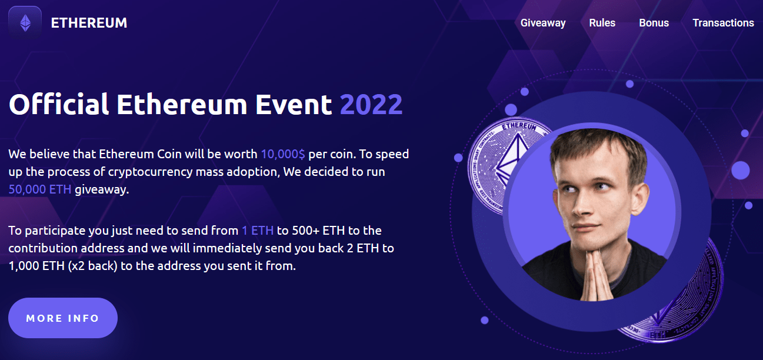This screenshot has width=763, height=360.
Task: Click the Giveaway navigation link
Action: tap(543, 23)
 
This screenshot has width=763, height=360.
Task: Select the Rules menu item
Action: tap(602, 23)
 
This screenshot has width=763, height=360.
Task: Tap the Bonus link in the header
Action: tap(654, 23)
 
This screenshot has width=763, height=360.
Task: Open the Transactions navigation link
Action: tap(723, 23)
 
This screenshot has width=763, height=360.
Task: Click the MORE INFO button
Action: tap(63, 318)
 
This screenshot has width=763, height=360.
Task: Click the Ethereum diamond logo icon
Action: tap(25, 23)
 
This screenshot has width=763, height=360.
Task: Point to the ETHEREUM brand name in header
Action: tap(89, 23)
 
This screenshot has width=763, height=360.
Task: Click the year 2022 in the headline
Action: tap(371, 104)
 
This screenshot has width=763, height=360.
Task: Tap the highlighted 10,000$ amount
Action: tap(283, 154)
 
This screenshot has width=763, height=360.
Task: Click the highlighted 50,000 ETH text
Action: tap(40, 189)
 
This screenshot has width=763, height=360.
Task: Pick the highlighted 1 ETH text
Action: tap(258, 231)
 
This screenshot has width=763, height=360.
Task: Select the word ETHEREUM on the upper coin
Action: tap(519, 126)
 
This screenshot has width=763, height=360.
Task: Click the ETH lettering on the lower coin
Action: tap(658, 335)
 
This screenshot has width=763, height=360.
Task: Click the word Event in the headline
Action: tap(294, 104)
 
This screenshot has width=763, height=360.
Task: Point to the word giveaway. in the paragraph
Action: tap(102, 190)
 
